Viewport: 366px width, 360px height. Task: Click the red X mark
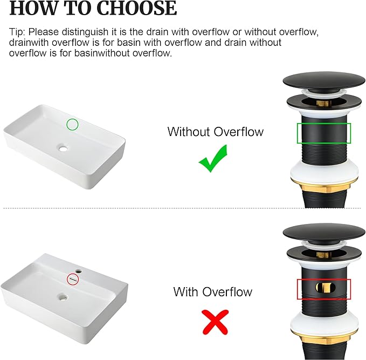click(x=215, y=322)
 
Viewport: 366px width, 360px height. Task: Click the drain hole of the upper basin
click(x=63, y=148)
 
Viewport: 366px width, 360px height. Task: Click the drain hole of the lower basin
click(x=63, y=297)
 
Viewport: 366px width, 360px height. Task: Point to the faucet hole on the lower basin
click(x=79, y=271)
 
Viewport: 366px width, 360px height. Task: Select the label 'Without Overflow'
click(x=216, y=132)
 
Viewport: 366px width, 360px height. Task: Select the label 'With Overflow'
click(x=213, y=292)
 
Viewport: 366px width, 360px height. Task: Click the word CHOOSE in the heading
click(x=136, y=8)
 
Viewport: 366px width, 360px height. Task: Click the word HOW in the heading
click(x=33, y=8)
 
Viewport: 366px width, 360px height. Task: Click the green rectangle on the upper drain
click(x=324, y=124)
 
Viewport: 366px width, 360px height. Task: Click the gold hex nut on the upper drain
click(x=324, y=188)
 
